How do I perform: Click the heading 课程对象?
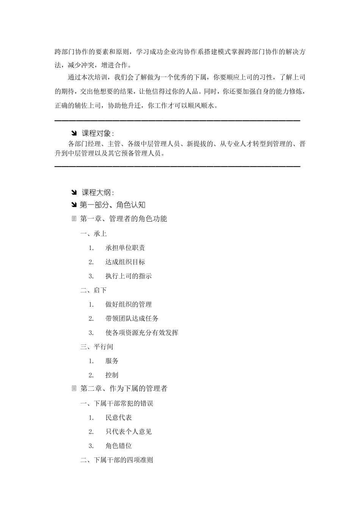97,133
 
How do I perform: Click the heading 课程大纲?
97,192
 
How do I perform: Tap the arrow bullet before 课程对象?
74,133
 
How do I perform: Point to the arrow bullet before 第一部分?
74,205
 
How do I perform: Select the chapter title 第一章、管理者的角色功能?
124,219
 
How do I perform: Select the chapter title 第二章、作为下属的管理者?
124,389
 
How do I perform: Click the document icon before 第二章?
74,389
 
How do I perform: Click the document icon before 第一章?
74,219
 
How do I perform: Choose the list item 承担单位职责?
125,248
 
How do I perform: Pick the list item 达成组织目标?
125,262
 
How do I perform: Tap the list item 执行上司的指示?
128,276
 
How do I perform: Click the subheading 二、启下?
94,290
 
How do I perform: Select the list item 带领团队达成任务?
132,319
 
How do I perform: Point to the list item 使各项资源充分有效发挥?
142,333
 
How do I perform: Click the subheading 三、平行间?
97,347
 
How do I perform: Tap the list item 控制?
112,375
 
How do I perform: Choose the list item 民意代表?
119,418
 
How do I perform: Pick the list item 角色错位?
119,446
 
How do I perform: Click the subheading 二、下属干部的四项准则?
117,460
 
